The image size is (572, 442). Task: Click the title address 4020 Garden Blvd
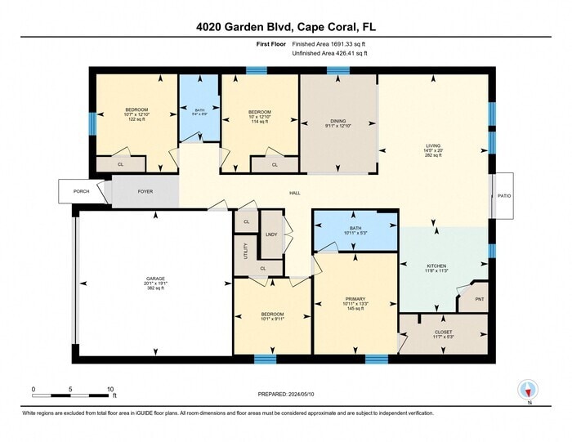pos(285,27)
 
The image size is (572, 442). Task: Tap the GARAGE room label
pos(155,279)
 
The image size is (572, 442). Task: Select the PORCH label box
pos(81,191)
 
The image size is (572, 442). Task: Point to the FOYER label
pos(145,191)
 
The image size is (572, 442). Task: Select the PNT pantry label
pos(478,299)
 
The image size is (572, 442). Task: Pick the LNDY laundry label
pos(270,235)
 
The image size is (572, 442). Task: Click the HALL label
pos(295,194)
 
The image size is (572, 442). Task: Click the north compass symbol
pos(529,391)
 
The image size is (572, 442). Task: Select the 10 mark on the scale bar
pos(110,389)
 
